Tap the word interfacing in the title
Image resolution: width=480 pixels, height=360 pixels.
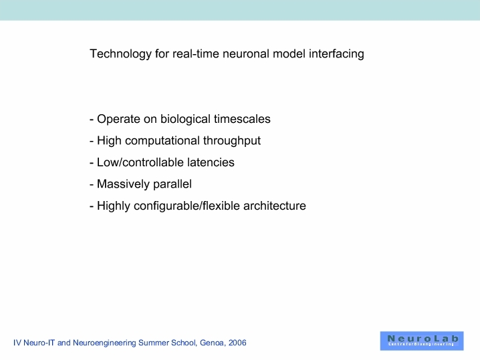(336, 54)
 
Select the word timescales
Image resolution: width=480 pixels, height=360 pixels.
(242, 119)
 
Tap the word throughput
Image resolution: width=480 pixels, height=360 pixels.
(232, 141)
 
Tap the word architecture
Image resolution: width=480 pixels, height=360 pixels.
(275, 206)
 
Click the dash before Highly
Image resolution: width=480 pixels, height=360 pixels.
(92, 206)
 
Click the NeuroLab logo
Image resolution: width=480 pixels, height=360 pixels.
(422, 341)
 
